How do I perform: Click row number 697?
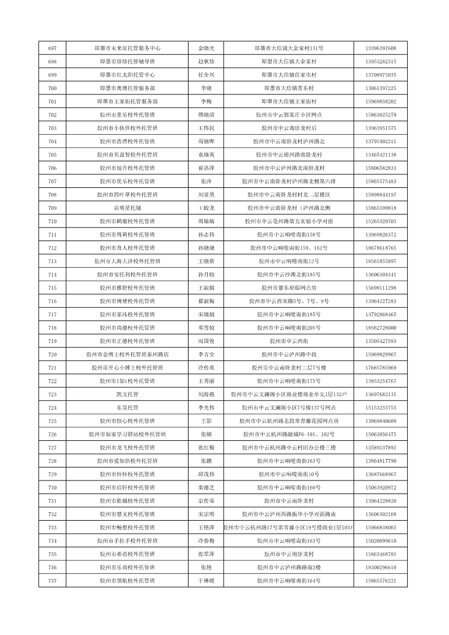[53, 48]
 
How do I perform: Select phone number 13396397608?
[380, 48]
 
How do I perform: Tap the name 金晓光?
[206, 48]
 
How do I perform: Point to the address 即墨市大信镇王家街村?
[289, 101]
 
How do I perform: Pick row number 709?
[53, 208]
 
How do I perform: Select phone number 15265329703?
[380, 221]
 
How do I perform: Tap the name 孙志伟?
[206, 235]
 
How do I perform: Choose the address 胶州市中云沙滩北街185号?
[289, 274]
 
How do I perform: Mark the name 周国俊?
[206, 341]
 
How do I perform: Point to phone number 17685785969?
[380, 368]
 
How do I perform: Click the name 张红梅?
[206, 448]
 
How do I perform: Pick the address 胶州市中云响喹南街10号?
[289, 474]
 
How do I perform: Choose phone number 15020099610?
[380, 541]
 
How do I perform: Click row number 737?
[53, 581]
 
